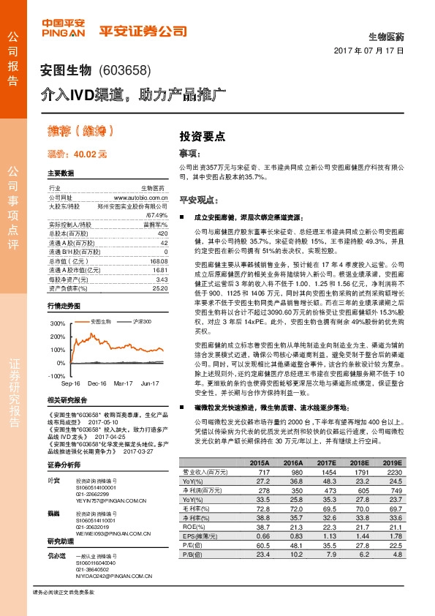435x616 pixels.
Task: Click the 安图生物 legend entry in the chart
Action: coord(101,321)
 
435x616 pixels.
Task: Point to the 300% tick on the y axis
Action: coord(58,323)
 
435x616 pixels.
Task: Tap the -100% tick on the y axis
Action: coord(57,375)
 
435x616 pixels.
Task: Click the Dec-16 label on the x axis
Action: coord(97,383)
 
